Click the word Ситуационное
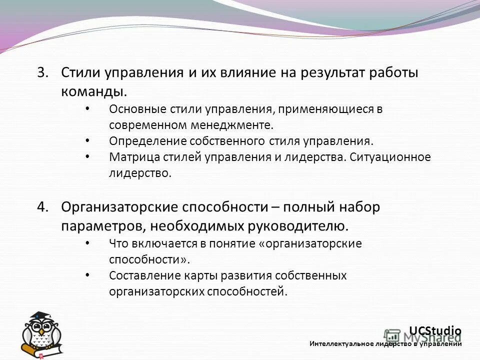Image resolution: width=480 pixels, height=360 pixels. point(389,157)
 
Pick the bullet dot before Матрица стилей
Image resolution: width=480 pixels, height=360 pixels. point(88,156)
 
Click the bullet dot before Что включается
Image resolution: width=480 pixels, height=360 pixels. point(88,243)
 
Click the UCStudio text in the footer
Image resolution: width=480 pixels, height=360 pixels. point(435,330)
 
